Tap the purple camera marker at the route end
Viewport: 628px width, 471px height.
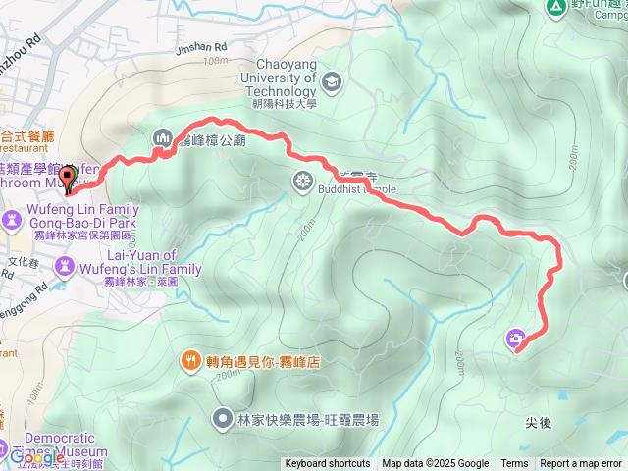click(x=516, y=340)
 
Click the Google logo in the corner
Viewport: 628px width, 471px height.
click(x=36, y=456)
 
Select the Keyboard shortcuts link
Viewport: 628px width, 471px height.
click(x=328, y=464)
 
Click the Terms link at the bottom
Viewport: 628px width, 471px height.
click(x=514, y=464)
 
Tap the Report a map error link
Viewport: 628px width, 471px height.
click(x=581, y=464)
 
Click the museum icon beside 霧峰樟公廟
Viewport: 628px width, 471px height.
click(x=161, y=140)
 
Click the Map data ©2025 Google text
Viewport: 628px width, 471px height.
click(x=435, y=464)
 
